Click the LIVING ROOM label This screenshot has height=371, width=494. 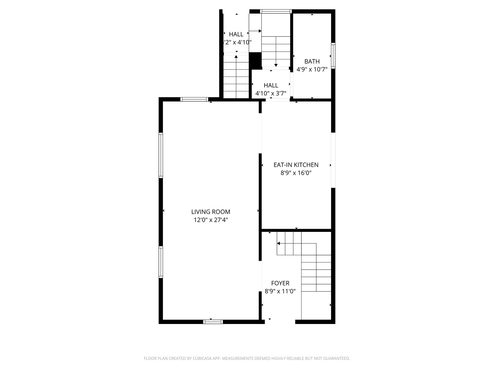click(x=211, y=212)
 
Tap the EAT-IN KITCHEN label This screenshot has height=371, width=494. click(x=296, y=165)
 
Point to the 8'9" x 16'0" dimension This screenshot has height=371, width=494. click(x=296, y=173)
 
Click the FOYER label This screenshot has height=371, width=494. click(x=280, y=283)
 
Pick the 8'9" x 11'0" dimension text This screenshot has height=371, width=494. click(x=280, y=291)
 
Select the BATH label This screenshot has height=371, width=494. click(x=312, y=61)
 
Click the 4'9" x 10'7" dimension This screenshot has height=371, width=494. click(x=312, y=69)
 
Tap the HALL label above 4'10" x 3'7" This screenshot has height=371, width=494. click(x=271, y=85)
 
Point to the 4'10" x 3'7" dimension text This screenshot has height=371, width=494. click(x=271, y=93)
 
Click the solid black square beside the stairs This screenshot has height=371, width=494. click(x=255, y=61)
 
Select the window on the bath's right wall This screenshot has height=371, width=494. click(x=333, y=56)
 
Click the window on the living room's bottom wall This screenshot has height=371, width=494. click(x=213, y=322)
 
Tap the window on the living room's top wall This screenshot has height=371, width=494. click(x=194, y=99)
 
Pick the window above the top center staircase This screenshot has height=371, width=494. click(x=276, y=11)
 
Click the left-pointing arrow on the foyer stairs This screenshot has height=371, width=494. click(x=279, y=244)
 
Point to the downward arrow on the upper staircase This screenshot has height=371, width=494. click(x=276, y=65)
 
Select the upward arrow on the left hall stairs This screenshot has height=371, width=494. click(x=236, y=57)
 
